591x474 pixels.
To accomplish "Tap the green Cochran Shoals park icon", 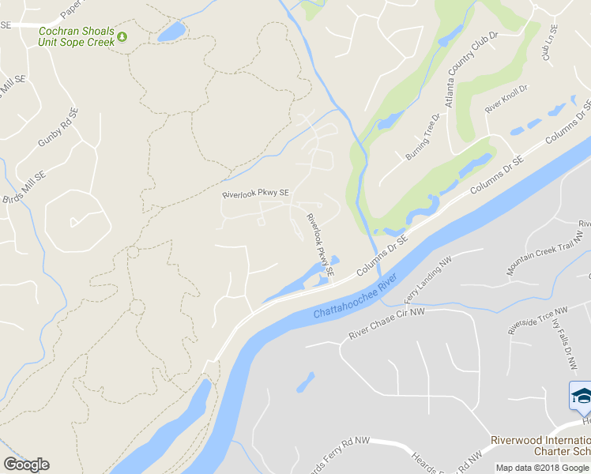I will click(122, 36).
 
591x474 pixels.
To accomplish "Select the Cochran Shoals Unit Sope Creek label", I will click(76, 36).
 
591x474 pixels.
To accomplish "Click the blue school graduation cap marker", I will click(581, 395).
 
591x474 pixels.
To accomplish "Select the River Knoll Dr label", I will click(506, 99).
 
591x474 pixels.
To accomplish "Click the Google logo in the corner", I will click(26, 465).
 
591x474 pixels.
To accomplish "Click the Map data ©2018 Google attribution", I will click(542, 468).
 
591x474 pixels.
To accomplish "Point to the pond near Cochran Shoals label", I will click(171, 32).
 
